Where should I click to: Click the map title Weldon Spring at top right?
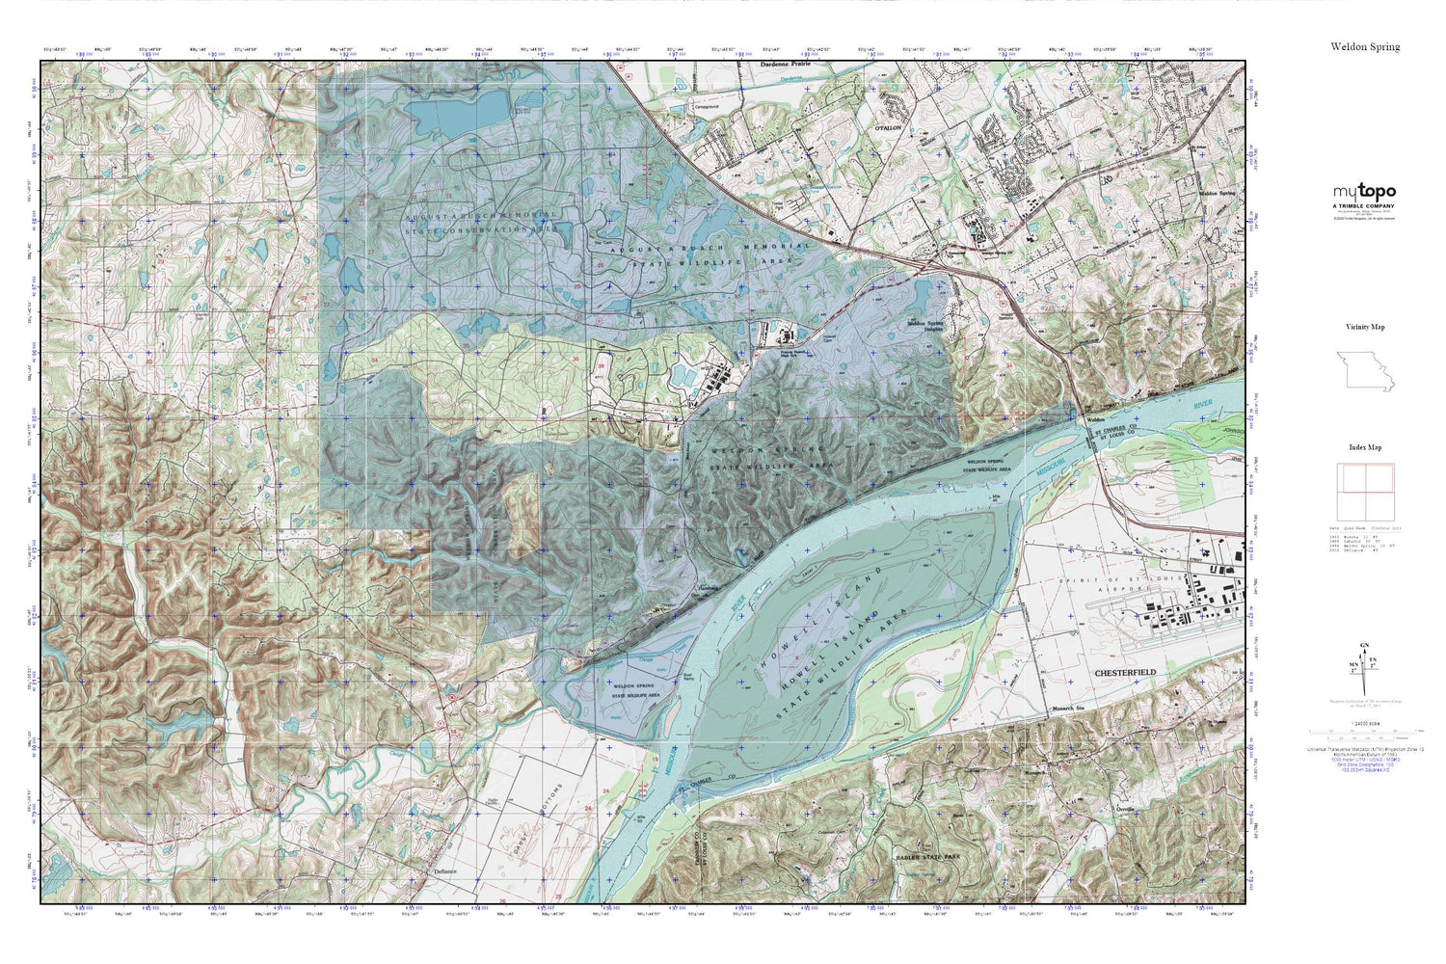pyautogui.click(x=1365, y=46)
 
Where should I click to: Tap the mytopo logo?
pyautogui.click(x=1364, y=192)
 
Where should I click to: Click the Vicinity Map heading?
pyautogui.click(x=1365, y=327)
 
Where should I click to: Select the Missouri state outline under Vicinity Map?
pyautogui.click(x=1365, y=370)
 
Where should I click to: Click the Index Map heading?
pyautogui.click(x=1365, y=447)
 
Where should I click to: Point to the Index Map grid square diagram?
pyautogui.click(x=1365, y=492)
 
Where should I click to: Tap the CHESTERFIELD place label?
pyautogui.click(x=1125, y=672)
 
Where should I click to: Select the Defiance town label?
pyautogui.click(x=444, y=871)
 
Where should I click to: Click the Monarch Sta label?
pyautogui.click(x=1068, y=709)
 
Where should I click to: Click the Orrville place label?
pyautogui.click(x=1126, y=808)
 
